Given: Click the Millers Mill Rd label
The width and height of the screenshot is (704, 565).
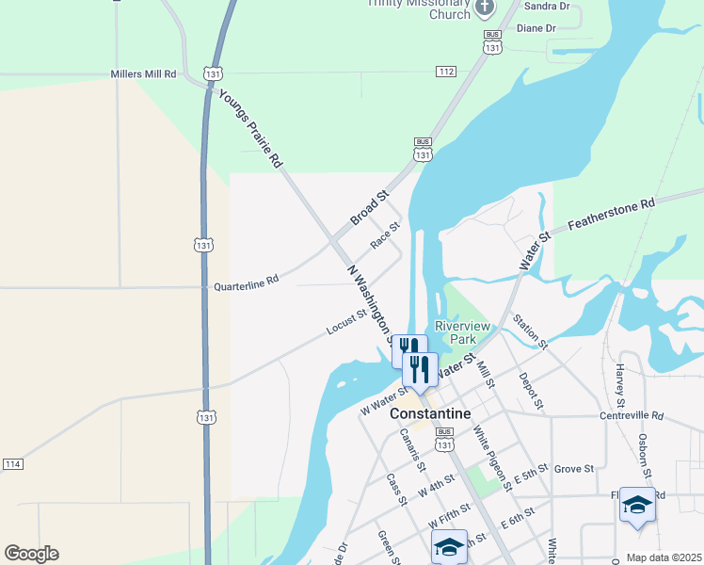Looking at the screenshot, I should pos(143,73).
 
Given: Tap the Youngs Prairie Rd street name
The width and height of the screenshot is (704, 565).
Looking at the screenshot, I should pos(250,128).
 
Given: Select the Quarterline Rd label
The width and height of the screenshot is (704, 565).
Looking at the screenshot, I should pos(247,282).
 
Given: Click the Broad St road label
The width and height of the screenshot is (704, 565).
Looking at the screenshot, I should pos(370,209).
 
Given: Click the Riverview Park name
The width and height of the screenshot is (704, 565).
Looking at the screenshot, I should pos(462,331).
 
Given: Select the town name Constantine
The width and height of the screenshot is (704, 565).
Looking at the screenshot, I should pos(429,413).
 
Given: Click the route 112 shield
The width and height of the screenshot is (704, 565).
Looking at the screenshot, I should pos(446,72).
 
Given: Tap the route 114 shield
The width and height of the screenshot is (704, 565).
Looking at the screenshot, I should pos(12,464).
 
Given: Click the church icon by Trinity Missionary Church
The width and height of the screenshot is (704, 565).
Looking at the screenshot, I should pos(485,9).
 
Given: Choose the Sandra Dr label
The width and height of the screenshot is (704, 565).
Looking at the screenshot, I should pos(551,7).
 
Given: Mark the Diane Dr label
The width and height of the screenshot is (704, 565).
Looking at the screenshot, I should pos(536,28).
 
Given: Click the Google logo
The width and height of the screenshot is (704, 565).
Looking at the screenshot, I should pos(31,554).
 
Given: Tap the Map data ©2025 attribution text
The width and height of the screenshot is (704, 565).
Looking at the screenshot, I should pos(664,557).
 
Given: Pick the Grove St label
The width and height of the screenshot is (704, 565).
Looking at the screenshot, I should pos(573,468).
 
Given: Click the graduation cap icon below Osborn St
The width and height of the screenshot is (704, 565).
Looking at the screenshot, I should pos(637,505).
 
